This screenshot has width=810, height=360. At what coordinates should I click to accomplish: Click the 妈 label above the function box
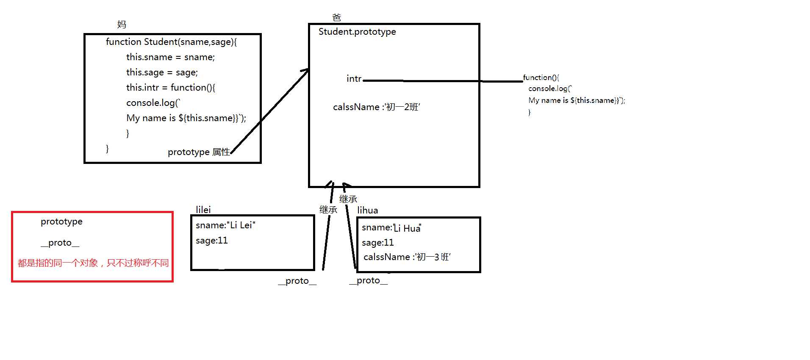point(122,25)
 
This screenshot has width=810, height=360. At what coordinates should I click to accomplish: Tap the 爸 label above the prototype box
point(336,18)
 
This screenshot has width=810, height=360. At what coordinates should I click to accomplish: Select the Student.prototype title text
point(357,32)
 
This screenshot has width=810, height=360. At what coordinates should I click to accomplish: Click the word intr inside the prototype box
point(354,79)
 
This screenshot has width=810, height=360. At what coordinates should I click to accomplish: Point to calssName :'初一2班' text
point(376,107)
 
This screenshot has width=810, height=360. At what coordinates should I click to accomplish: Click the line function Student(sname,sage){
point(171,42)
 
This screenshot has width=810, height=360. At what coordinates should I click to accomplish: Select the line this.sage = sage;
point(162,72)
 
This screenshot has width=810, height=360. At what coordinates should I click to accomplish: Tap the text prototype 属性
point(199,152)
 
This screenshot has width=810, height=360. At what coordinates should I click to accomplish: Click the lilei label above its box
point(203,210)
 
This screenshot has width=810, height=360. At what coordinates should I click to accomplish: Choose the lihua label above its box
point(367,210)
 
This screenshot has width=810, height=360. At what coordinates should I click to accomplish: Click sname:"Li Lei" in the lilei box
point(225,225)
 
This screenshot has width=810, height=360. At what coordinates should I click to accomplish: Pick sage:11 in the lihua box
point(377,243)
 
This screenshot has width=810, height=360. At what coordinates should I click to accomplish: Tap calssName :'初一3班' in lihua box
point(407,257)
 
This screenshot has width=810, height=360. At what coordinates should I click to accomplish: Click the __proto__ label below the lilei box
point(297,281)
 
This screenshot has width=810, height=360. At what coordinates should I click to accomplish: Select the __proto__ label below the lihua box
point(368,280)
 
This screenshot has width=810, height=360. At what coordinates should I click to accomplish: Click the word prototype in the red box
point(61,222)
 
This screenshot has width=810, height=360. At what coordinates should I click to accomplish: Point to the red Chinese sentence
point(93,263)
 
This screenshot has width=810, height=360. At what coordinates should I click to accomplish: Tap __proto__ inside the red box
point(60,243)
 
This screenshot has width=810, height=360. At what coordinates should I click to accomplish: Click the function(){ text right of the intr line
point(541,78)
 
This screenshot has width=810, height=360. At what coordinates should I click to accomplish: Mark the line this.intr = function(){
point(171,88)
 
